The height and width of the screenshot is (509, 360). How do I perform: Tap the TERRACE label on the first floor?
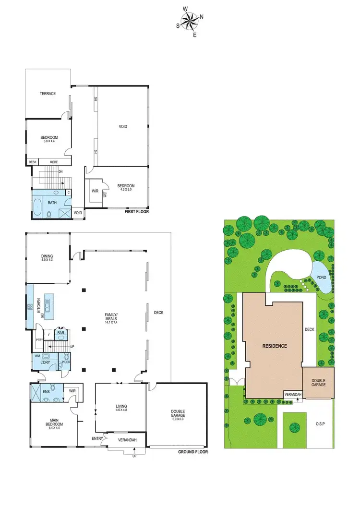48,94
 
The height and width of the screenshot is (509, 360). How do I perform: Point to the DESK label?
33,162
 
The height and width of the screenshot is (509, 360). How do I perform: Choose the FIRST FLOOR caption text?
137,211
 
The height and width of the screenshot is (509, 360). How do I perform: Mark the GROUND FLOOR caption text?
192,452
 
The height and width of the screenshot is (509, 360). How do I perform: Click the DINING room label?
47,257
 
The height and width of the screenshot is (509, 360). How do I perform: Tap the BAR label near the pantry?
61,332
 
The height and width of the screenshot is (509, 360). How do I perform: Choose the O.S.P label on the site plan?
320,424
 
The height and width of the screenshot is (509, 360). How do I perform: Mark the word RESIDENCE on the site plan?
275,346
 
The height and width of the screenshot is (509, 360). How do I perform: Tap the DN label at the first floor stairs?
60,171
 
